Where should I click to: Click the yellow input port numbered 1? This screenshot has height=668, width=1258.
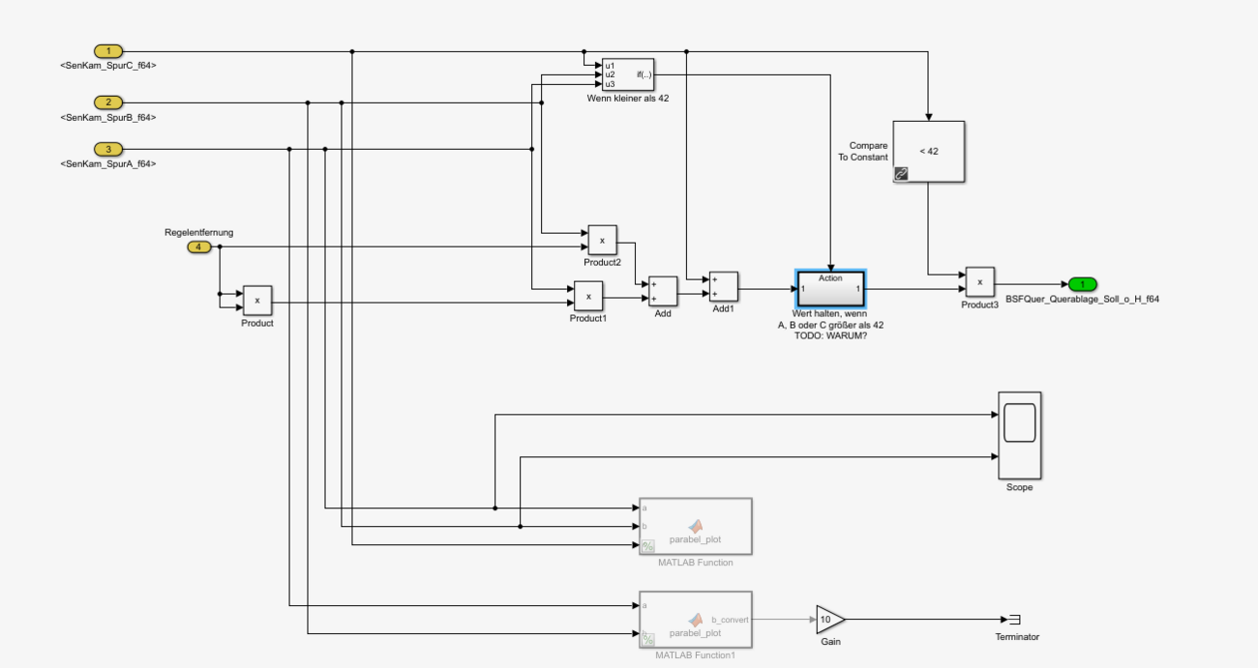coord(108,51)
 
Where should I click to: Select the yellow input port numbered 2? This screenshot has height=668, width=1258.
coord(108,102)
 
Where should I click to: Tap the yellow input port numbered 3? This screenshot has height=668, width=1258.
coord(108,149)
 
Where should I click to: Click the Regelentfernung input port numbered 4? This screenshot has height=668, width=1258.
coord(198,247)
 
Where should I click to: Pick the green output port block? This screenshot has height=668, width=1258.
coord(1082,284)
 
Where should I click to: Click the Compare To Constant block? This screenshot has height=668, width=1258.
coord(928,152)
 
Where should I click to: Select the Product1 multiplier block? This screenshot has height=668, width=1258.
coord(588,296)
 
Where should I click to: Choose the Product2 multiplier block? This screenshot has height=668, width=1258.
coord(602,240)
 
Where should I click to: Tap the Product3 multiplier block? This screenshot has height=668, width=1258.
coord(979,282)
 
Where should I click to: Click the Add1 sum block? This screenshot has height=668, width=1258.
coord(723,287)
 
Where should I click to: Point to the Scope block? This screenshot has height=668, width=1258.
coord(1019,435)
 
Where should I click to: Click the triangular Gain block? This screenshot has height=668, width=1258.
coord(828,620)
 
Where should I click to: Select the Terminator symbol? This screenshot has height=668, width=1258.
coord(1015,620)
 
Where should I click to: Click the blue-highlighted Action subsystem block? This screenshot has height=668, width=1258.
coord(830,288)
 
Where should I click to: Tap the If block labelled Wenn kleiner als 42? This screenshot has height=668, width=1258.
coord(627,74)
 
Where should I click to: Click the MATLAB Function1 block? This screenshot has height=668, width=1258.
coord(695,620)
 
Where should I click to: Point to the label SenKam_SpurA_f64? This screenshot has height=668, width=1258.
coord(107,164)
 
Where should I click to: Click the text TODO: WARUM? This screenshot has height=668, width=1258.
coord(830,335)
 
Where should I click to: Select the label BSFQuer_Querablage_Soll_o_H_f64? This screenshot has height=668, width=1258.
coord(1082,300)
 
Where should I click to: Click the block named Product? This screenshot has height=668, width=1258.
coord(257,301)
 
